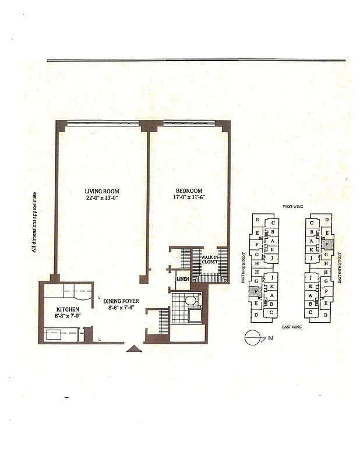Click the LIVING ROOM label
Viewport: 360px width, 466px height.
102,190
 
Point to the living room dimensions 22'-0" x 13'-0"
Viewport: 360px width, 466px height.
102,197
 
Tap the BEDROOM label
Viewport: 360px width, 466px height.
189,191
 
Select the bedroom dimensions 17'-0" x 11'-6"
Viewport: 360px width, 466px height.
189,198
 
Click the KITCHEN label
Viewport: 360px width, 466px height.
68,309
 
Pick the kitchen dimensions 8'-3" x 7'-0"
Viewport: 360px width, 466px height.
68,316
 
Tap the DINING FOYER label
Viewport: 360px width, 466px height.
122,301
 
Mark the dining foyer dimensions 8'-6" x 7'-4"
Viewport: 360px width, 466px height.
122,309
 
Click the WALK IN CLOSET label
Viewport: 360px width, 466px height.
209,259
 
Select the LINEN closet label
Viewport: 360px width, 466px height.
182,280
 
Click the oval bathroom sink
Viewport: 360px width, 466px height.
189,302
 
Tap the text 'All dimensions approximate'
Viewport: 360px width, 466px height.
36,222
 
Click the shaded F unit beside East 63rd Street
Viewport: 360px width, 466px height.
256,291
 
